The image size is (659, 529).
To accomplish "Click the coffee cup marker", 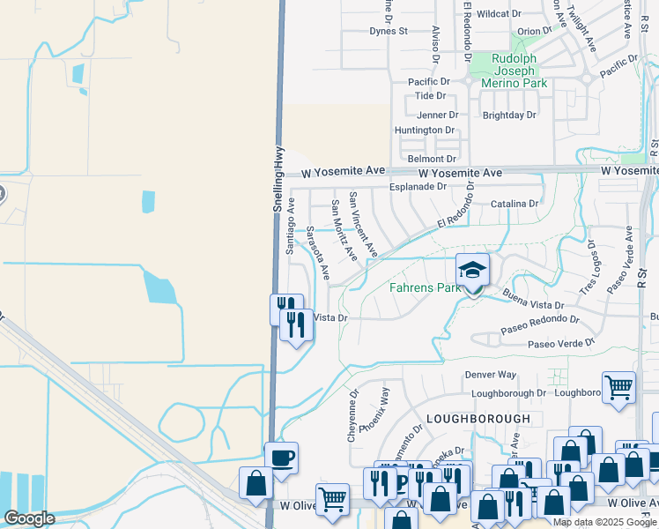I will (x=282, y=458).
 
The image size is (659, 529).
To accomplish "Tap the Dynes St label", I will (x=389, y=31).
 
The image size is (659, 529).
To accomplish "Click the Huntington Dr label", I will (x=425, y=130).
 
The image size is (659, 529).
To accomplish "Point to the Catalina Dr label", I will (x=515, y=204).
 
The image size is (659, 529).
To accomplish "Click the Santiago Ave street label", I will (x=291, y=226).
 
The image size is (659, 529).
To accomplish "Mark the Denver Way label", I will (x=491, y=375).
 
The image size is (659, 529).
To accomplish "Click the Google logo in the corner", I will (x=29, y=519).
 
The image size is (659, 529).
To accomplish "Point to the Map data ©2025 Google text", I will (x=604, y=522).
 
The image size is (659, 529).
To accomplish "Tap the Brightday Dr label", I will (x=509, y=115).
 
